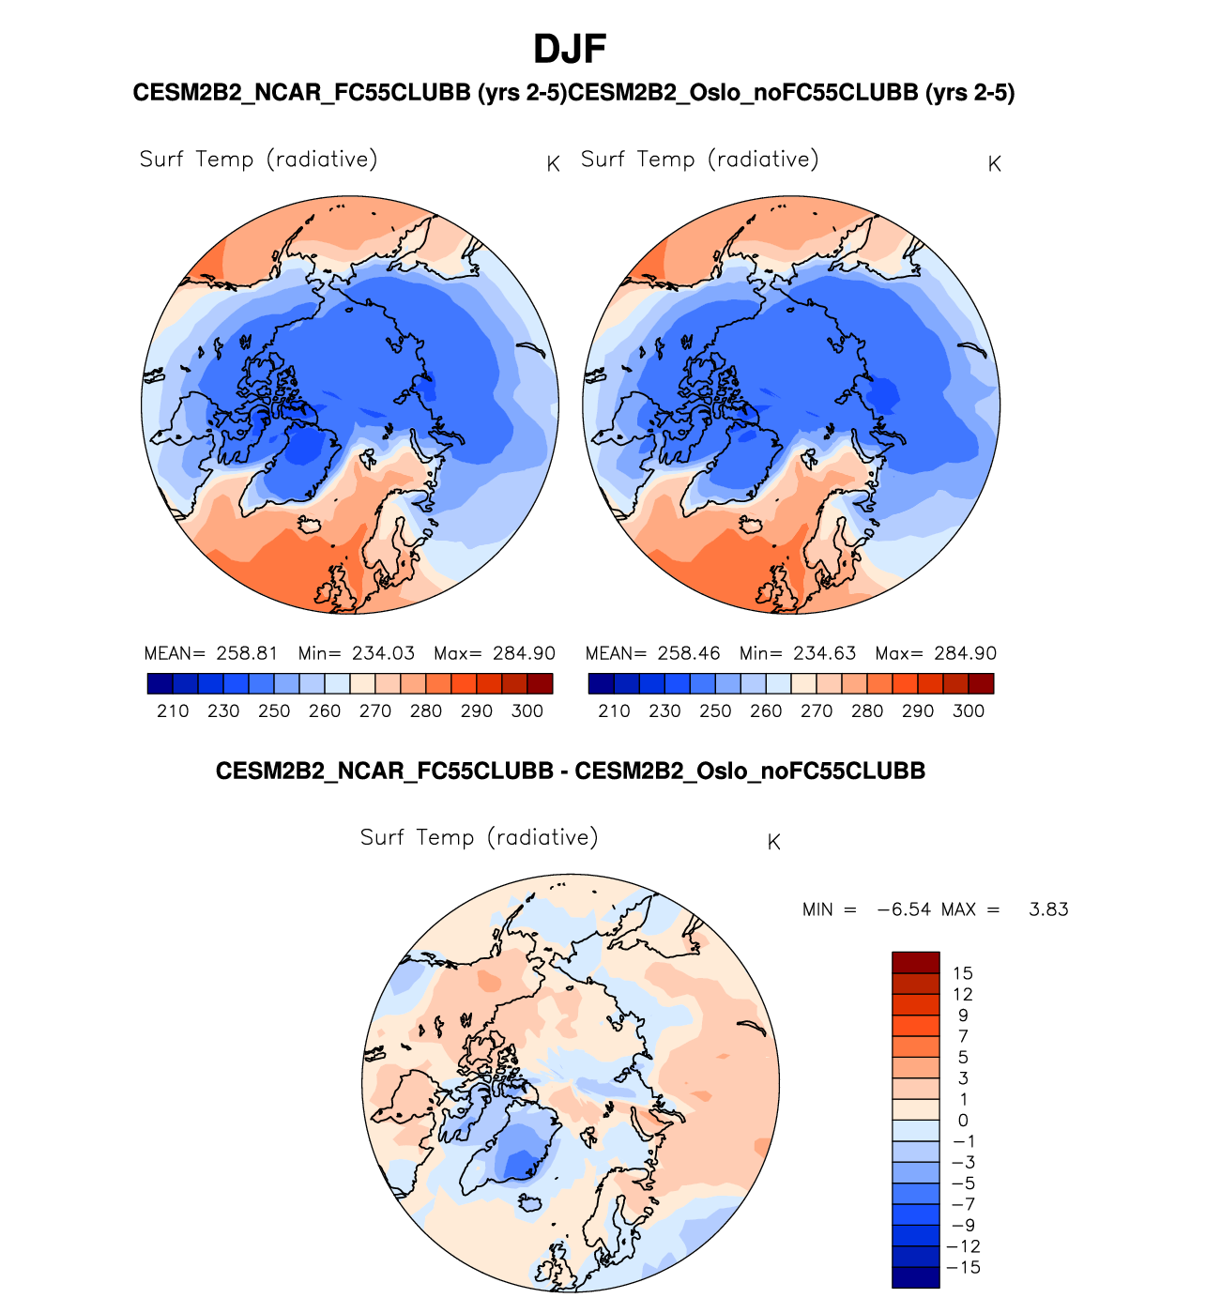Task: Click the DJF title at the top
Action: (570, 49)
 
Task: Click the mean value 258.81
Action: (247, 653)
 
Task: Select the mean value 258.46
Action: (688, 653)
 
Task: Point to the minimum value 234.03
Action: (383, 653)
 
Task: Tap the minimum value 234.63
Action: (824, 653)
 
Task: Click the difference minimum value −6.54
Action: (904, 909)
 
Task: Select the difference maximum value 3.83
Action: (1048, 909)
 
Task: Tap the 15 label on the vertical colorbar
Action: (962, 973)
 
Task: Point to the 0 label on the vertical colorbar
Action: (963, 1121)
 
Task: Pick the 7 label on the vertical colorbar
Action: (963, 1036)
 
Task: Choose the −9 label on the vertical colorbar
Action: (963, 1226)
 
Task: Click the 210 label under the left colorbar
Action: (173, 711)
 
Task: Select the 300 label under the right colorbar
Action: (969, 711)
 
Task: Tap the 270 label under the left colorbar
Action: (375, 711)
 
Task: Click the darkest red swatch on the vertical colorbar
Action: (915, 962)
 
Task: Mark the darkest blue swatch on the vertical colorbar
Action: (915, 1277)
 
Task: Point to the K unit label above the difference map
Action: (774, 843)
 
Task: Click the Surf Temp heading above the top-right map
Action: (699, 160)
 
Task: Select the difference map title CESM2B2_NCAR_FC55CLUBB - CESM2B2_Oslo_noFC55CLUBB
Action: (571, 771)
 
